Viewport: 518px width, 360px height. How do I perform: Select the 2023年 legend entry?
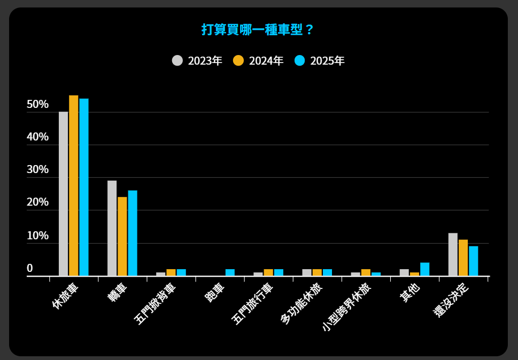[197, 61]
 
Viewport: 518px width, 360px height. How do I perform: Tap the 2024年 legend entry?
[258, 61]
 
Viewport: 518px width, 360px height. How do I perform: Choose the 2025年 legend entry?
[319, 61]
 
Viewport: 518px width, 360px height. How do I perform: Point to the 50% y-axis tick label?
[37, 105]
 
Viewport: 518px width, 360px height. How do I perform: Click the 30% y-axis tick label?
[37, 170]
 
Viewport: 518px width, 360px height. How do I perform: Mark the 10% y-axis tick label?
[37, 236]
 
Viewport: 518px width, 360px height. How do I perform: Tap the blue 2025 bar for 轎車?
[133, 233]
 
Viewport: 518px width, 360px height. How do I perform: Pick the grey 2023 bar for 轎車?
[112, 228]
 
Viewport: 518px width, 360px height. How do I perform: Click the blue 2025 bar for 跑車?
[230, 272]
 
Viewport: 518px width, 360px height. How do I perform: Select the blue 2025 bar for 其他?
[425, 269]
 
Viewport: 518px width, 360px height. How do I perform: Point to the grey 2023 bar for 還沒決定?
[453, 254]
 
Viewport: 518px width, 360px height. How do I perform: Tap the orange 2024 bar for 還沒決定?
[463, 257]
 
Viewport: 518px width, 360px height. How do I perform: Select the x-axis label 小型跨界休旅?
[346, 307]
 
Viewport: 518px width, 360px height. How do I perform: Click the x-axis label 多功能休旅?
[300, 303]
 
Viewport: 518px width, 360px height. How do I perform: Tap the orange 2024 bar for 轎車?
[122, 236]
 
